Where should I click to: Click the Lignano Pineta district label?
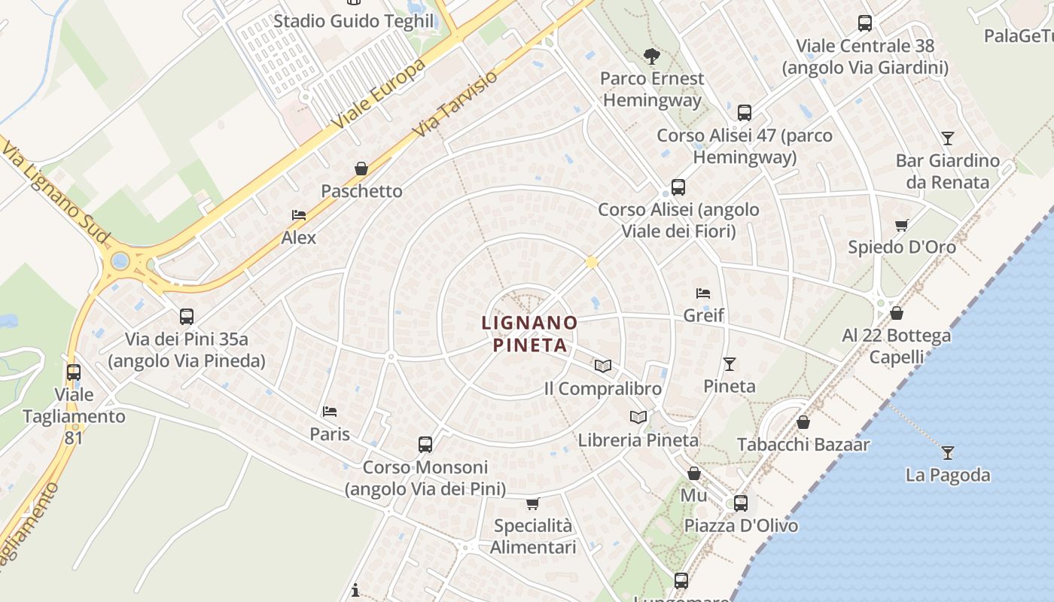point(529,334)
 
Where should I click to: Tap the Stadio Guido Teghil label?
point(354,21)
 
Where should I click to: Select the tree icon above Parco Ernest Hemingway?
point(651,56)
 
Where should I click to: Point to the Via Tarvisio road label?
point(456,105)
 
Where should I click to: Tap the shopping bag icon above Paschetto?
point(361,169)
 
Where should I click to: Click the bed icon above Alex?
point(299,215)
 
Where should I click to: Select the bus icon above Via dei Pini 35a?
point(187,317)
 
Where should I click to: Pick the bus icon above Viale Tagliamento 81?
point(74,372)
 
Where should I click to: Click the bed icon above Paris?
point(330,412)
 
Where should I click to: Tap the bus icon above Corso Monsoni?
point(425,445)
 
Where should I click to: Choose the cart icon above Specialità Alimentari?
point(533,503)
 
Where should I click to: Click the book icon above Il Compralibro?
point(602,366)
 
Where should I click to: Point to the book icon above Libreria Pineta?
point(638,417)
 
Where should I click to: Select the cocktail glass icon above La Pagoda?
point(948,453)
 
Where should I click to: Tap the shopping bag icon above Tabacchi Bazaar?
point(803,422)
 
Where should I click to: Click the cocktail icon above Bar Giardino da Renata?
point(948,138)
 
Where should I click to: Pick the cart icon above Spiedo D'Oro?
point(901,225)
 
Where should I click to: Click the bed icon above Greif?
point(703,293)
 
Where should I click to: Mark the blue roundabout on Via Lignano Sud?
point(120,262)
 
